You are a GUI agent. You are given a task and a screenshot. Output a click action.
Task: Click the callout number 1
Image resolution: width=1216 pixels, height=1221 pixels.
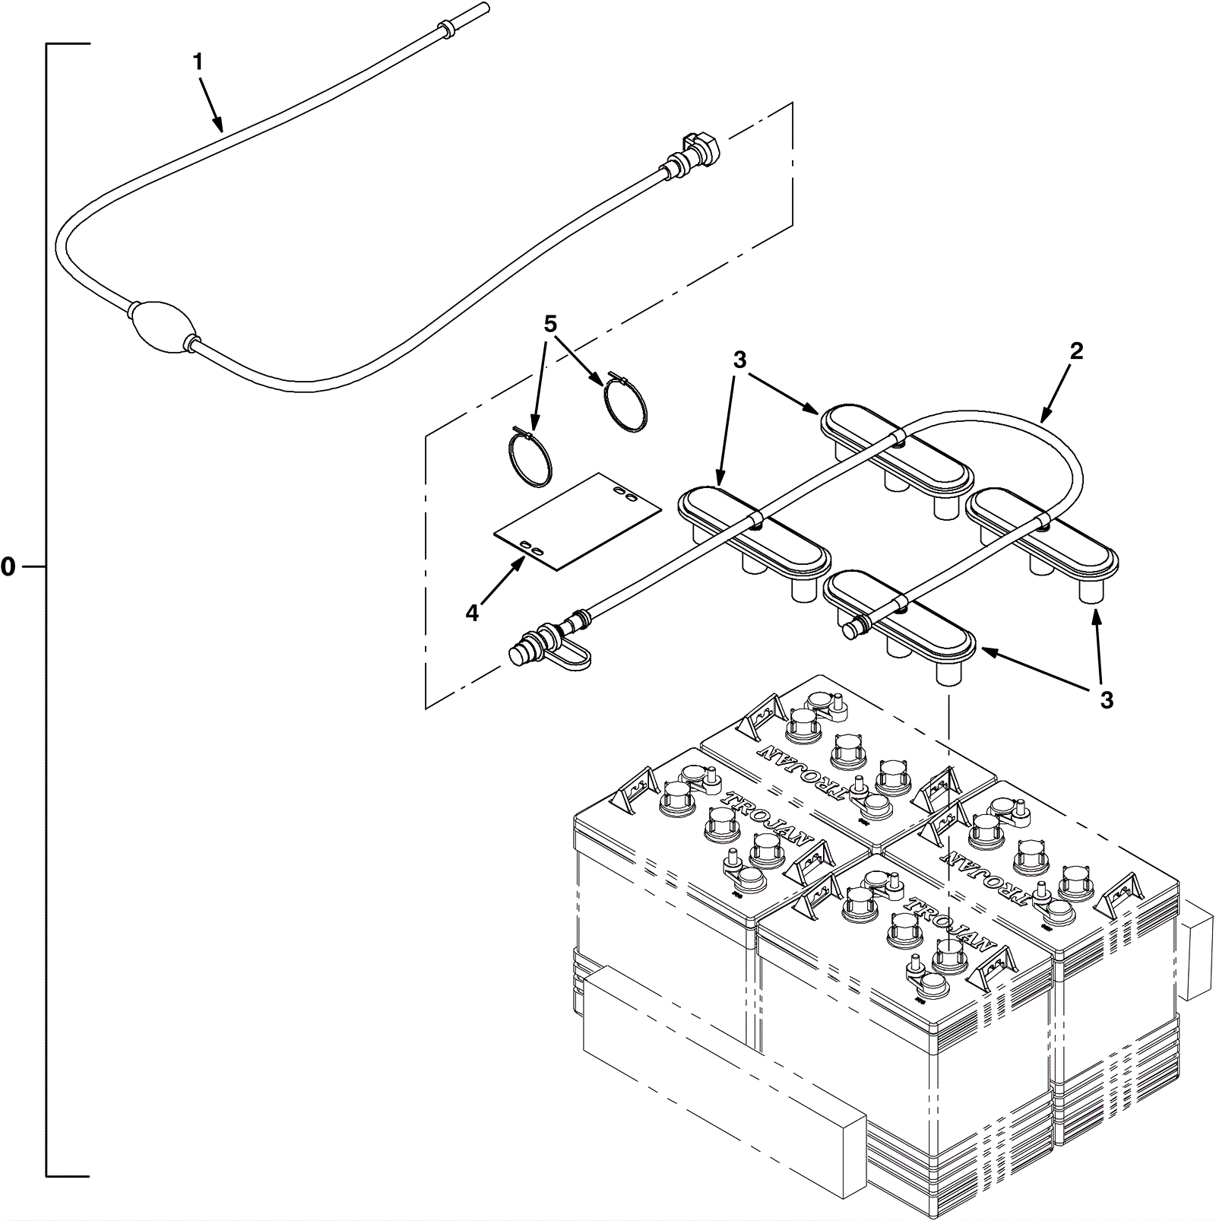point(198,62)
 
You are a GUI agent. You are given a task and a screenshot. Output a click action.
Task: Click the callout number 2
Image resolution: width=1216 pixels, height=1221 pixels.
point(1075,351)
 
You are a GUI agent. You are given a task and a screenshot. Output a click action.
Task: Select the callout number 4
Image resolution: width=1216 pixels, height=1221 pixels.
point(473,613)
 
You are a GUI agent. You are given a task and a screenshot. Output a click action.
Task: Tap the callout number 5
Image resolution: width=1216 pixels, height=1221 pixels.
point(550,324)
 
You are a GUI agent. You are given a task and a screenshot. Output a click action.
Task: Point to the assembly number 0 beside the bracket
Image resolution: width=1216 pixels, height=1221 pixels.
point(8,566)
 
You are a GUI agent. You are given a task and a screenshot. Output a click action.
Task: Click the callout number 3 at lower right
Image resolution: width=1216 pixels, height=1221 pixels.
point(1107,699)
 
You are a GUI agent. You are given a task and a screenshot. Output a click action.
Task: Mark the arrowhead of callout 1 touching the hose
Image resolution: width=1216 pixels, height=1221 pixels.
point(221,129)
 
